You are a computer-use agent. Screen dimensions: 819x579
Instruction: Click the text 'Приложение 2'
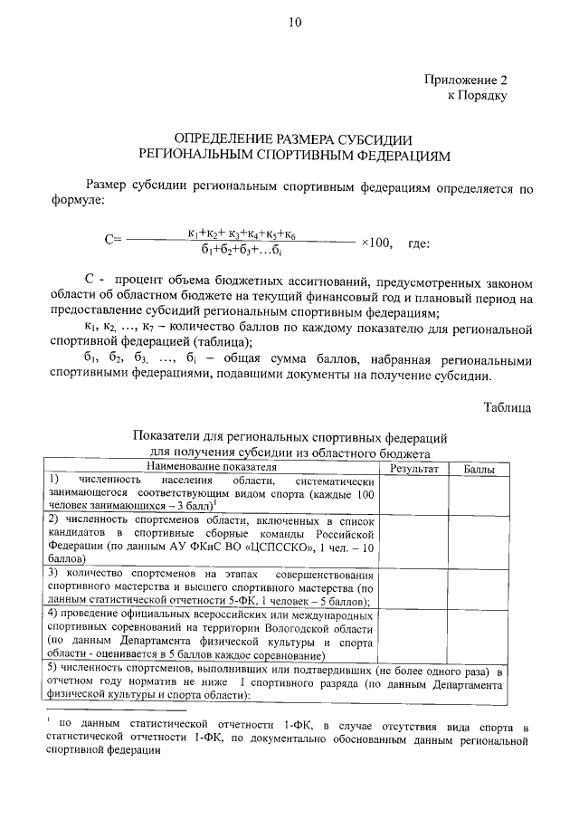466,80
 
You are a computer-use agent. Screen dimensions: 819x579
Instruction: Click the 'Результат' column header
413,468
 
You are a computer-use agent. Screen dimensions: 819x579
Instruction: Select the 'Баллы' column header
479,468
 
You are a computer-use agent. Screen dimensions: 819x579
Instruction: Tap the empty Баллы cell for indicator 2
479,540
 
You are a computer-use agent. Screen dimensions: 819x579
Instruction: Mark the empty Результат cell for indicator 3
413,586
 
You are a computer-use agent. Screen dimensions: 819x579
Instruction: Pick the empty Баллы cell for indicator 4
479,633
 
